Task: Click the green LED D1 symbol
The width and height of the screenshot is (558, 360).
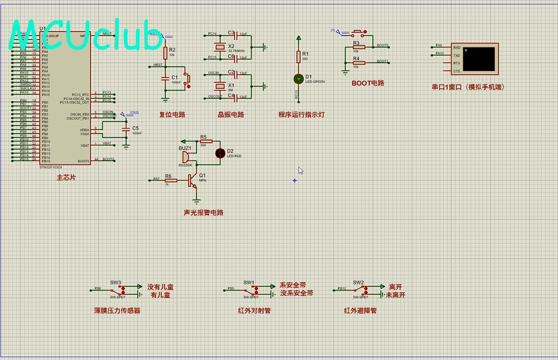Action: click(298, 78)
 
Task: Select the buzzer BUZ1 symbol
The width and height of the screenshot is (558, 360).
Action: click(184, 157)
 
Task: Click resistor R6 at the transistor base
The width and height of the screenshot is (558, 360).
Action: click(171, 181)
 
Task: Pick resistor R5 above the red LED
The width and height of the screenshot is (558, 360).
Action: click(205, 141)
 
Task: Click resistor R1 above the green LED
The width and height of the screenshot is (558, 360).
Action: click(298, 58)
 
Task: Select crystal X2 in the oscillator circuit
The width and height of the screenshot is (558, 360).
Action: click(220, 47)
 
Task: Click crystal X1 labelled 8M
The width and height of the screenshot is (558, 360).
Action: click(220, 86)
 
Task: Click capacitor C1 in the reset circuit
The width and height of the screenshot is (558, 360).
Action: click(166, 79)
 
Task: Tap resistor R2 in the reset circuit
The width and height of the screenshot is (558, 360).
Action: click(166, 52)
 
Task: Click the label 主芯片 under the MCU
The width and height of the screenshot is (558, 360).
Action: click(66, 177)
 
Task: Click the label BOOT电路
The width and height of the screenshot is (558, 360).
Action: click(368, 83)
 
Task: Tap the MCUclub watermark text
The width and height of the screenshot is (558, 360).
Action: click(86, 36)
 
